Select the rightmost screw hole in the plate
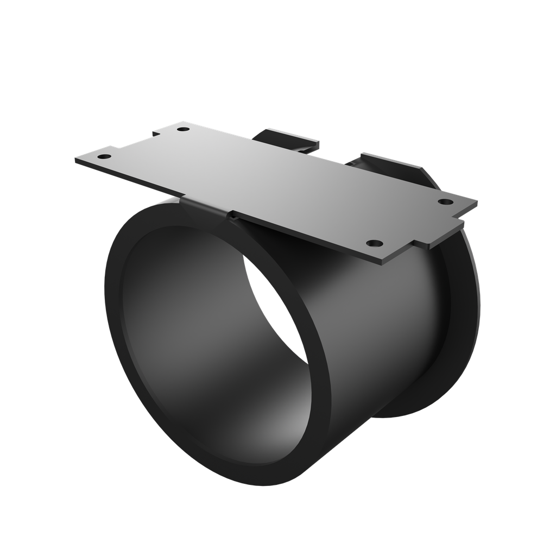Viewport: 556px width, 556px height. pos(446,202)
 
